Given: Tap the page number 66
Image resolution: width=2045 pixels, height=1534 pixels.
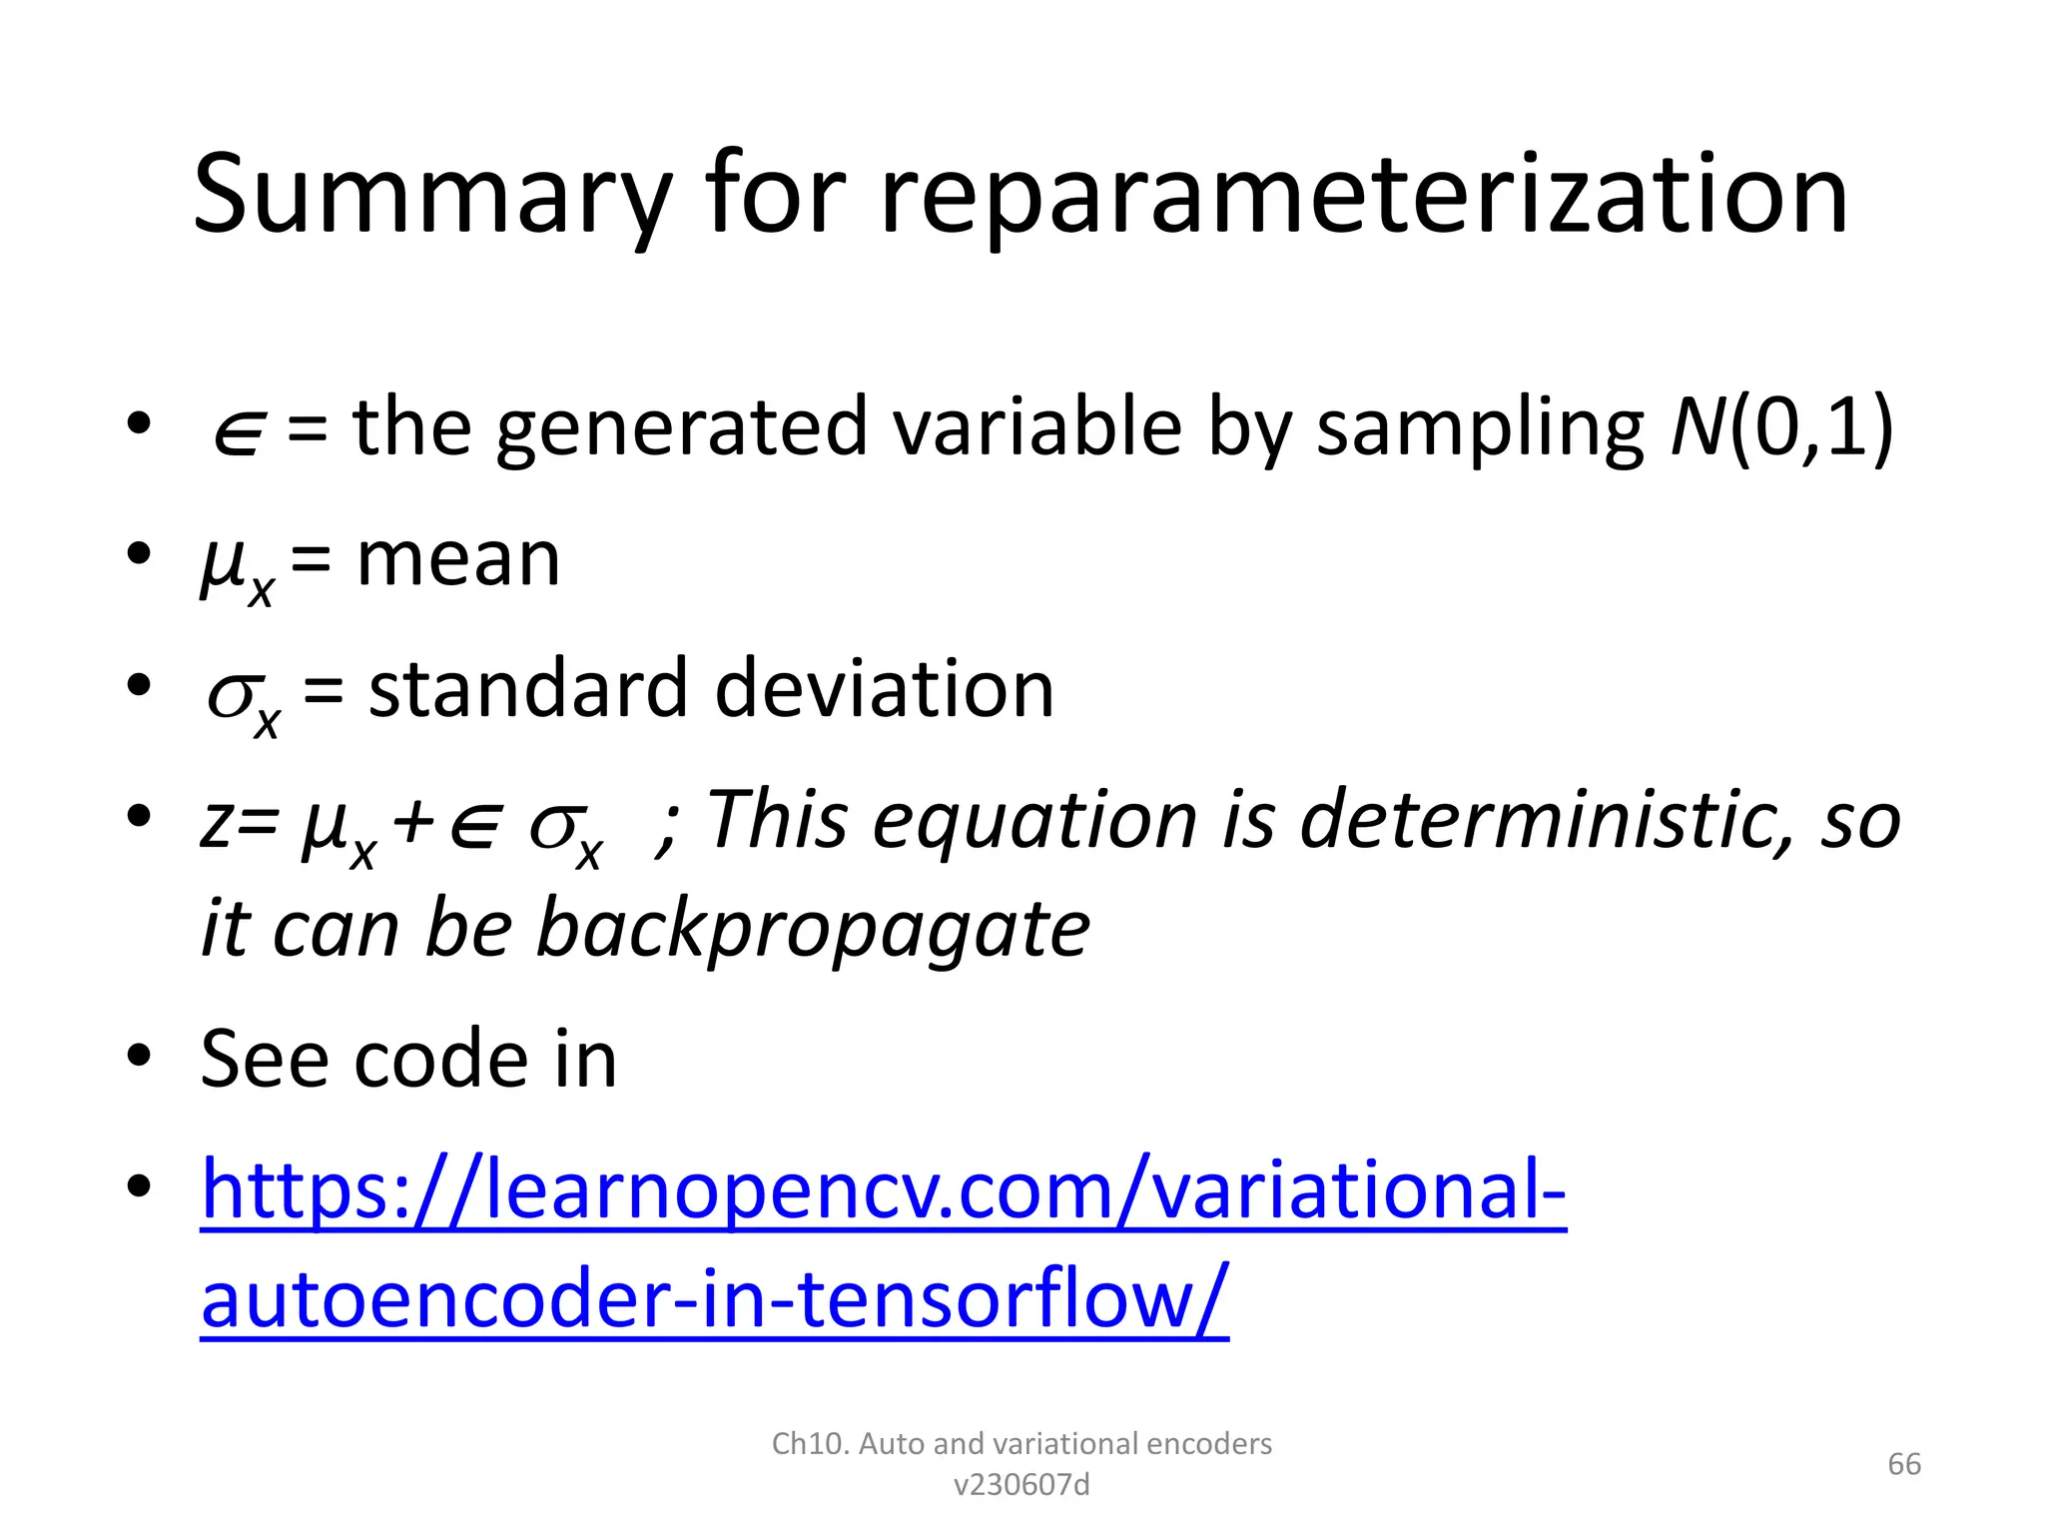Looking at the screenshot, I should pos(1903,1464).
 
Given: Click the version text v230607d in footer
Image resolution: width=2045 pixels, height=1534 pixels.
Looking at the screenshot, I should pos(1022,1485).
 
